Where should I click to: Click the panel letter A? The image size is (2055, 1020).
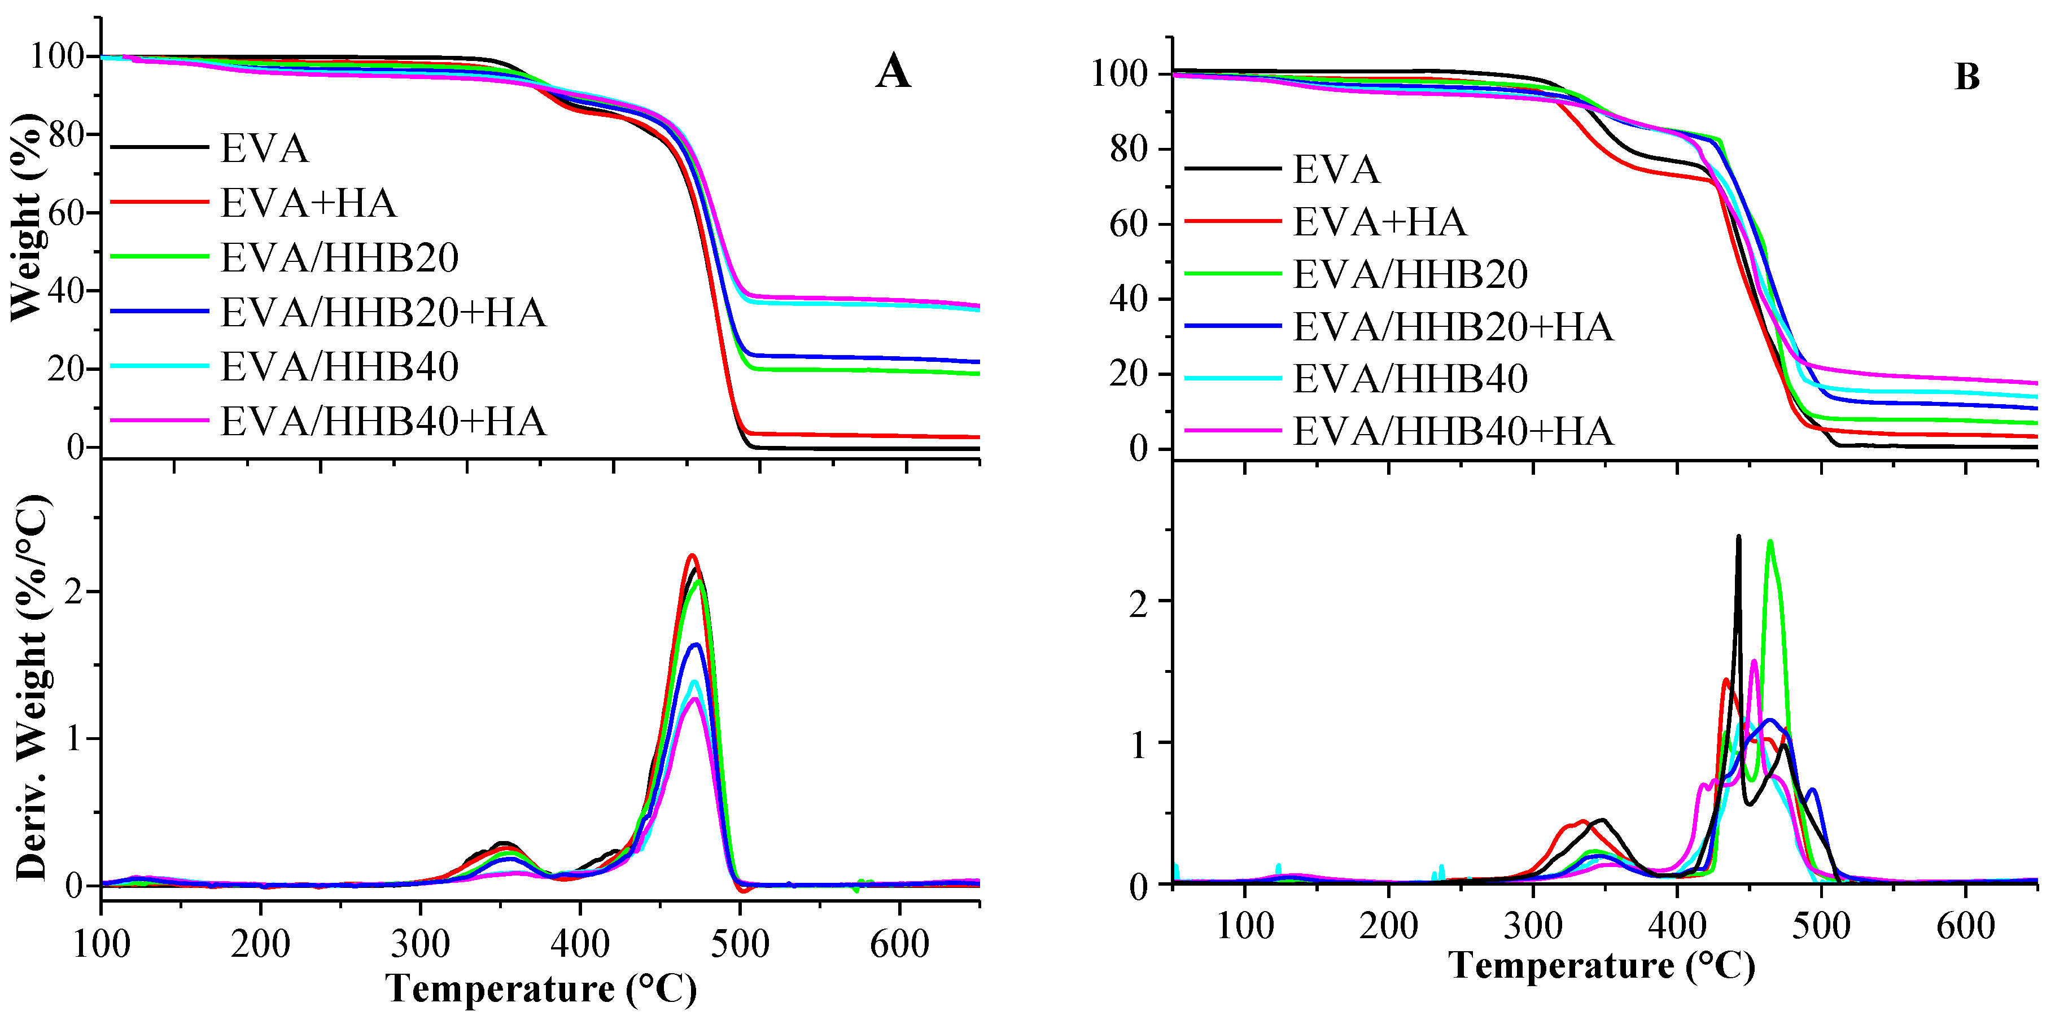(893, 73)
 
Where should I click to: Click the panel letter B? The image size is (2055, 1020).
(1967, 77)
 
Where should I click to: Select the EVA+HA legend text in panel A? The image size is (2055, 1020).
(308, 203)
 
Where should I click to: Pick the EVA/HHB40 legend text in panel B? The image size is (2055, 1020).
(1410, 379)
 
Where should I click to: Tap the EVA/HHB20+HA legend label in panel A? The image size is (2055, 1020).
(383, 312)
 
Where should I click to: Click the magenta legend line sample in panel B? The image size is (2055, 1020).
(1232, 431)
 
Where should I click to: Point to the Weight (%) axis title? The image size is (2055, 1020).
(27, 215)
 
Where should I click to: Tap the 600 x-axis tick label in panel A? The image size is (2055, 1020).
(899, 945)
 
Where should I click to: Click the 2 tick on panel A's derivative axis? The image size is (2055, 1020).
(77, 592)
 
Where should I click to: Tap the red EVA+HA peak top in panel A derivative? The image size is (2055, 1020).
(693, 556)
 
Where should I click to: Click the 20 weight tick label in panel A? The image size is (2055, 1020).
(65, 369)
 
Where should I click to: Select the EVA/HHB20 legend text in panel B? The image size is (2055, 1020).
(1410, 274)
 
